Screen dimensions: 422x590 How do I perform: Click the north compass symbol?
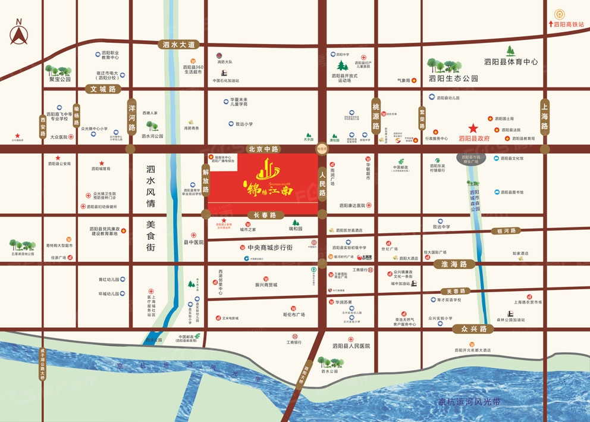[18, 34]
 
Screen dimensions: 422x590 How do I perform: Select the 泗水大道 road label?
[179, 45]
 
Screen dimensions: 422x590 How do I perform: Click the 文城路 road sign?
[102, 89]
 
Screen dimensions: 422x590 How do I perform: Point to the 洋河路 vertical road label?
[132, 118]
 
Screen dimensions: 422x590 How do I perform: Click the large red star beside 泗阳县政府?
[473, 128]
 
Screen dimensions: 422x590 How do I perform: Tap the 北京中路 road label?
[262, 149]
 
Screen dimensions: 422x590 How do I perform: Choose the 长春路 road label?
[262, 214]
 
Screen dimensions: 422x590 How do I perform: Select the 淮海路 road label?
[454, 264]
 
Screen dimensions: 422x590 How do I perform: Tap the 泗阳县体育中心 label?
[510, 62]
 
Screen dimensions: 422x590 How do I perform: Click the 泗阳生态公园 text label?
[454, 79]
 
